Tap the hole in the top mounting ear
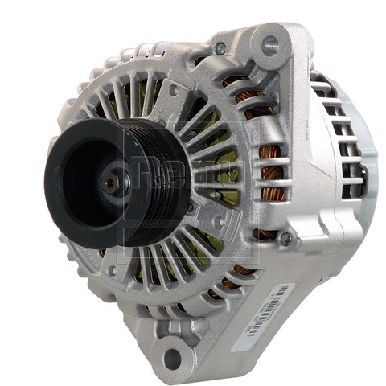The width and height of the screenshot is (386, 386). tap(270, 46)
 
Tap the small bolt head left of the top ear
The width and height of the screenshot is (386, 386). tap(220, 49)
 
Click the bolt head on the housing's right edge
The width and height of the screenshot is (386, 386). tap(284, 237)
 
